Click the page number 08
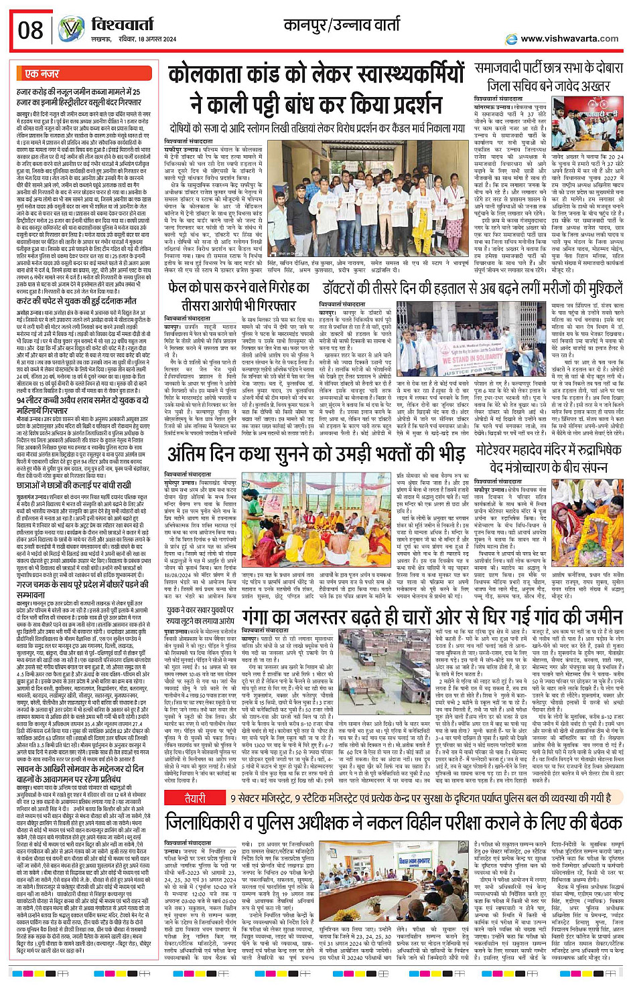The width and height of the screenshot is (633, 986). (31, 31)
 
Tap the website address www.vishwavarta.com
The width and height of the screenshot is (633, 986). (569, 39)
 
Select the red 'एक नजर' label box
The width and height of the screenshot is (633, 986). (42, 74)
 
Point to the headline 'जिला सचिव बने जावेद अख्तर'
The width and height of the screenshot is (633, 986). (549, 86)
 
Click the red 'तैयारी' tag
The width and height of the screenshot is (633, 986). (195, 798)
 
